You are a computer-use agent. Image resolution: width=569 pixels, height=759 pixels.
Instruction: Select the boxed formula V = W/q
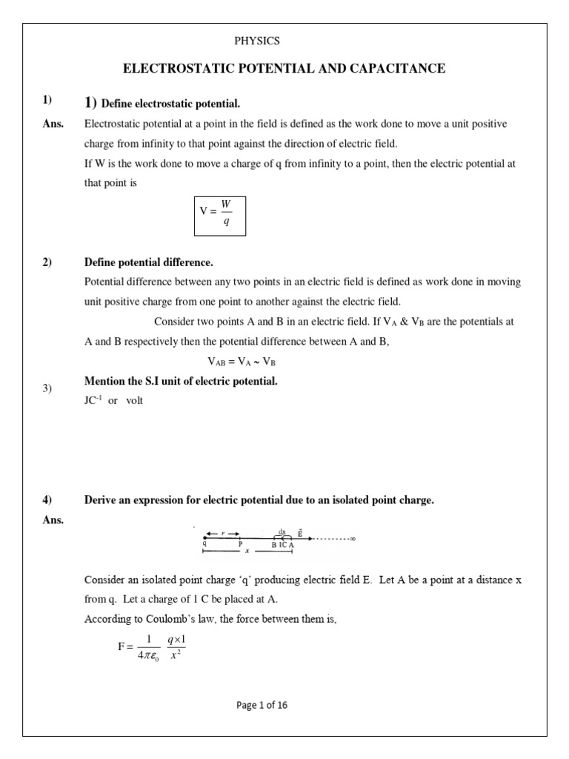click(220, 216)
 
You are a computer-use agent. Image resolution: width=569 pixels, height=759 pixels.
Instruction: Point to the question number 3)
click(46, 388)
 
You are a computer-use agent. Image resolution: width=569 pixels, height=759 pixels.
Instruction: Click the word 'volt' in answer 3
click(134, 400)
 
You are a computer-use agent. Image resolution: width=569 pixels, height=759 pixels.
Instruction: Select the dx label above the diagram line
click(282, 531)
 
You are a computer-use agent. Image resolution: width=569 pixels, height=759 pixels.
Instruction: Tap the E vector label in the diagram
click(299, 531)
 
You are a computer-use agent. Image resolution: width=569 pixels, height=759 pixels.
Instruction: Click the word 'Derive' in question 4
click(101, 500)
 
